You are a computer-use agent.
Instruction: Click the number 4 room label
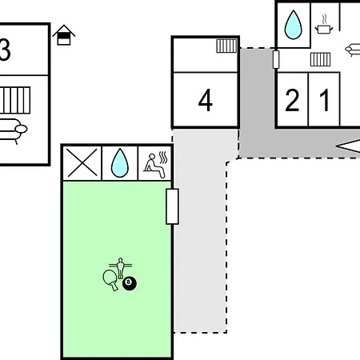pyautogui.click(x=206, y=100)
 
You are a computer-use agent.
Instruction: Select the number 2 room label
pyautogui.click(x=292, y=100)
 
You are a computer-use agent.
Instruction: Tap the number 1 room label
pyautogui.click(x=325, y=100)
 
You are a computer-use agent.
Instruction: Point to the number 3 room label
pyautogui.click(x=5, y=50)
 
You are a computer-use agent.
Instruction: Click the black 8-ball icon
pyautogui.click(x=130, y=283)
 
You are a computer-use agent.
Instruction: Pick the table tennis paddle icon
pyautogui.click(x=110, y=280)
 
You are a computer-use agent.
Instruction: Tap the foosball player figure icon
pyautogui.click(x=121, y=267)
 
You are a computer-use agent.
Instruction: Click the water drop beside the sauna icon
pyautogui.click(x=120, y=163)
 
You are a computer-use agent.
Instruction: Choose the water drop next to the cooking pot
pyautogui.click(x=294, y=25)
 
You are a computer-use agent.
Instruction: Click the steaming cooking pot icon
pyautogui.click(x=324, y=25)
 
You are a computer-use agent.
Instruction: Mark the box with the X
pyautogui.click(x=82, y=162)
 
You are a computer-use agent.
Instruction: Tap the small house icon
pyautogui.click(x=64, y=35)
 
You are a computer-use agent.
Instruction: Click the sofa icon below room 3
pyautogui.click(x=12, y=130)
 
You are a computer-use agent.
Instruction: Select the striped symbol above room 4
pyautogui.click(x=226, y=46)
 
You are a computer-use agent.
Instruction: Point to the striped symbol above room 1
pyautogui.click(x=320, y=59)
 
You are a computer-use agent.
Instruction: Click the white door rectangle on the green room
pyautogui.click(x=172, y=206)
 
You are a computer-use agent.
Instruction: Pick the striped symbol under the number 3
pyautogui.click(x=15, y=100)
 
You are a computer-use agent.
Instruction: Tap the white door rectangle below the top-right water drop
pyautogui.click(x=276, y=59)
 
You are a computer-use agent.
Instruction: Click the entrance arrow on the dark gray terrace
pyautogui.click(x=348, y=146)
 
